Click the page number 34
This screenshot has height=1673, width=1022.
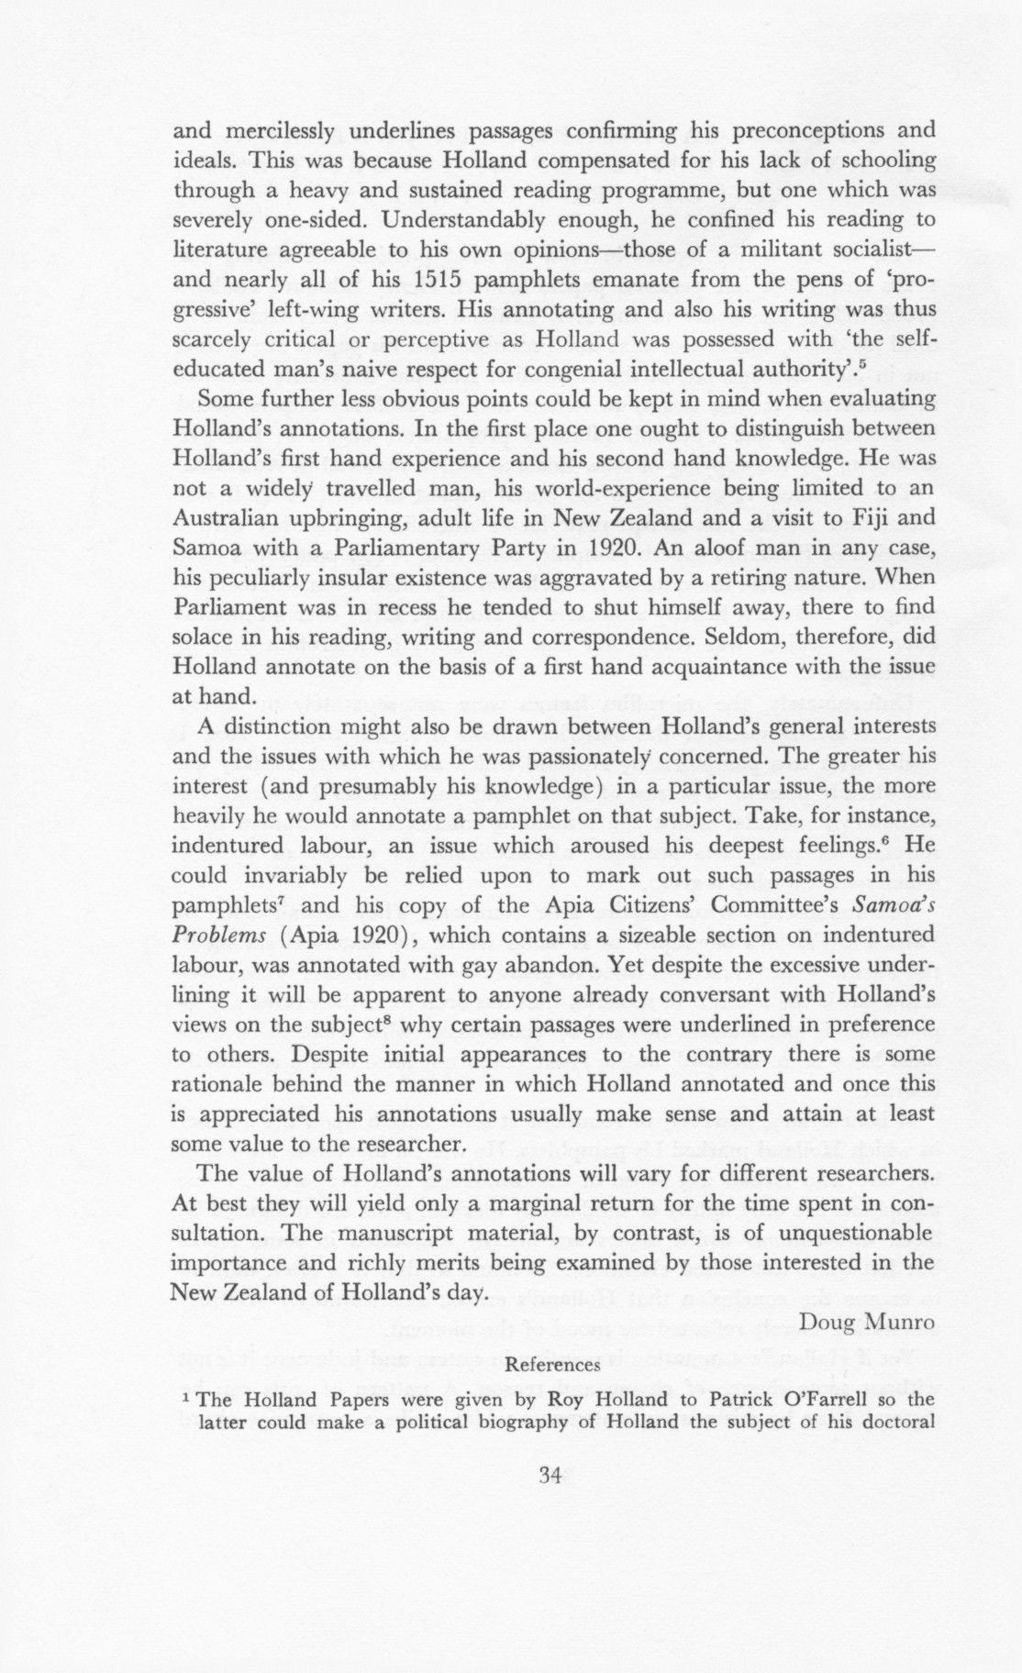pyautogui.click(x=550, y=1475)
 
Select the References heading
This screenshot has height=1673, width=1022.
pyautogui.click(x=553, y=1364)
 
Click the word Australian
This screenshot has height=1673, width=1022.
pyautogui.click(x=226, y=517)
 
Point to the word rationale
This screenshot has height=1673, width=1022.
pyautogui.click(x=217, y=1084)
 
